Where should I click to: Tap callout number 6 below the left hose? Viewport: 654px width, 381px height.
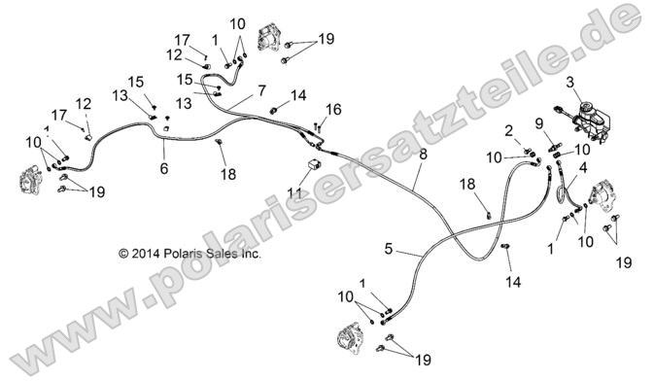tap(163, 168)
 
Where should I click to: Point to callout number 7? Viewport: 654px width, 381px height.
tap(260, 90)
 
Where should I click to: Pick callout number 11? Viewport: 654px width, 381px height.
tap(293, 192)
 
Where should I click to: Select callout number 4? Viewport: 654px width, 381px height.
tap(583, 166)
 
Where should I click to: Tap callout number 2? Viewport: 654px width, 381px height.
tap(508, 129)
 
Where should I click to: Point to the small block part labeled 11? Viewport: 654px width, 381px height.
tap(315, 164)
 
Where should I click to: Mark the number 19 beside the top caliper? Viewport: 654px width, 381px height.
tap(325, 39)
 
